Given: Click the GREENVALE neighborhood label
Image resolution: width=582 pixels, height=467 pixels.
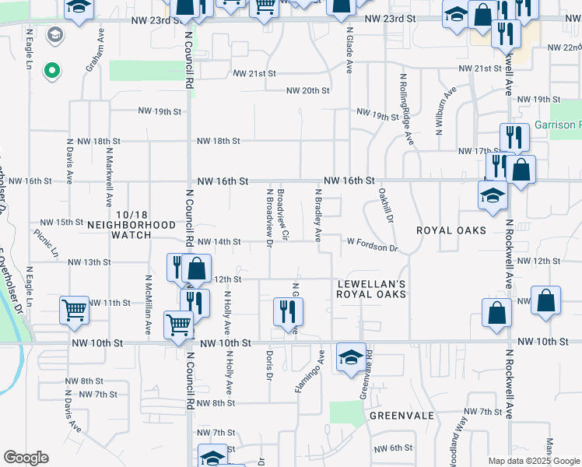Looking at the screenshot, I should coord(401,416).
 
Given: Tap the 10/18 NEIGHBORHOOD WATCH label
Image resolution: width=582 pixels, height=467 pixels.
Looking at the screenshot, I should coord(131,219).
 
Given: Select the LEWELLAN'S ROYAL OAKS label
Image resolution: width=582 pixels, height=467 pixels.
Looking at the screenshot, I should coord(371,289).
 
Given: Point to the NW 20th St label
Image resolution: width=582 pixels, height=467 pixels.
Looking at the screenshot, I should coord(308,90).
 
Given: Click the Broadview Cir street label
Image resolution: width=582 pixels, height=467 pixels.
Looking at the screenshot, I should coord(283,213).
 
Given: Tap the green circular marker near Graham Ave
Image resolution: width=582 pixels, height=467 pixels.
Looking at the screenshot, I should coord(52,72).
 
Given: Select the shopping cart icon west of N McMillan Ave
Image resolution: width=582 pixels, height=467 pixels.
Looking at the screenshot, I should coord(75,310).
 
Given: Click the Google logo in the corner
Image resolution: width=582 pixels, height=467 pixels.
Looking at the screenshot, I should coord(26,458).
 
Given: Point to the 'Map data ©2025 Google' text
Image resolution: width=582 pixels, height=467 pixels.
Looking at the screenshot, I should coord(533,461).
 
